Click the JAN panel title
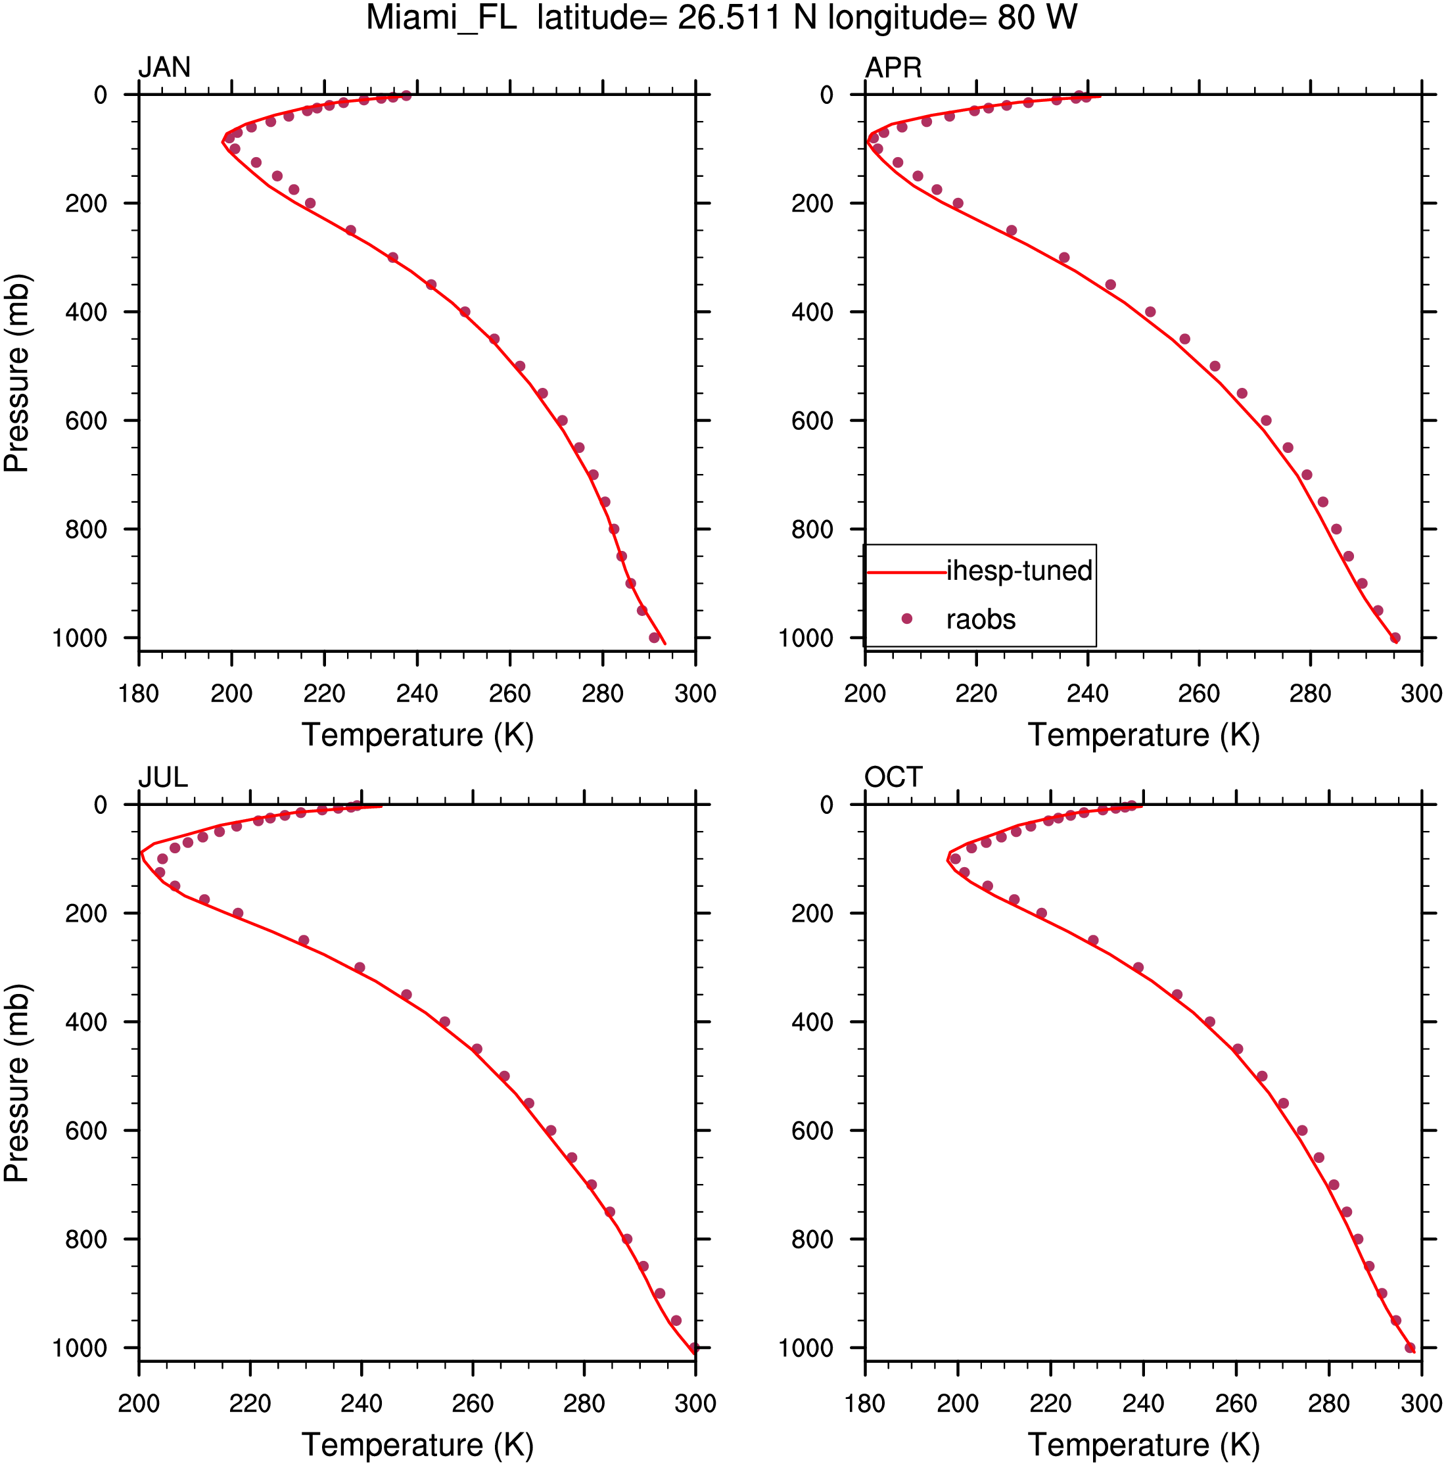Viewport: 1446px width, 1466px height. pyautogui.click(x=164, y=68)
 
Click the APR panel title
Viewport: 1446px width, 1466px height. pyautogui.click(x=893, y=68)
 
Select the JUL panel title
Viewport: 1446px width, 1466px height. pyautogui.click(x=162, y=777)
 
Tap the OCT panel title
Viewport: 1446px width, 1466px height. pyautogui.click(x=893, y=777)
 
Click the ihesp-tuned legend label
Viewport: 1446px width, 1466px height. pyautogui.click(x=1019, y=571)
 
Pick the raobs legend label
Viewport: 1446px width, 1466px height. pyautogui.click(x=980, y=619)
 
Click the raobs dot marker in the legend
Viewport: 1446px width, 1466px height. pyautogui.click(x=906, y=619)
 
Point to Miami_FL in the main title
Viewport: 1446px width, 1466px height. pyautogui.click(x=441, y=18)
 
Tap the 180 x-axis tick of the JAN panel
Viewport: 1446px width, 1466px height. pyautogui.click(x=139, y=693)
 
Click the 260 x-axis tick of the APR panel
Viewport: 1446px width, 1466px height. pyautogui.click(x=1199, y=693)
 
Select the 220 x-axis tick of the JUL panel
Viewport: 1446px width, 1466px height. pyautogui.click(x=250, y=1403)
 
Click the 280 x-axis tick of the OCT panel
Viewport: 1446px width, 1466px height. pyautogui.click(x=1328, y=1403)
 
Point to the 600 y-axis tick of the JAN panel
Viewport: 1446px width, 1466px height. pyautogui.click(x=85, y=420)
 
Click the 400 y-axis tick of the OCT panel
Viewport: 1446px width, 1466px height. pyautogui.click(x=812, y=1022)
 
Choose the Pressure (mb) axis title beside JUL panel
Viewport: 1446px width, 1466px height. pyautogui.click(x=16, y=1083)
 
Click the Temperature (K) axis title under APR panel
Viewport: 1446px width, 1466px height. pyautogui.click(x=1143, y=734)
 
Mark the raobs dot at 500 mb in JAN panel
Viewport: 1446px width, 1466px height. pyautogui.click(x=520, y=366)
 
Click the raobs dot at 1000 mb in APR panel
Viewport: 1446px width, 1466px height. pyautogui.click(x=1395, y=638)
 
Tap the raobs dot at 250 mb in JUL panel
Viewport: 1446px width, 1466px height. pyautogui.click(x=304, y=940)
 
